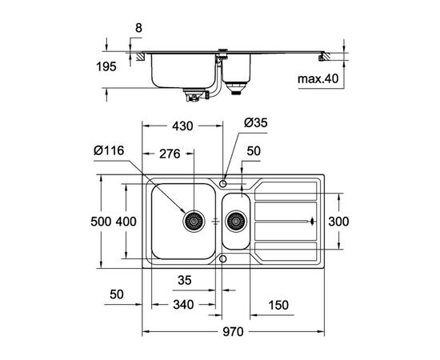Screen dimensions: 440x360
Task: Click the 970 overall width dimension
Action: click(x=233, y=332)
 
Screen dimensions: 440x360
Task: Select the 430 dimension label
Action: click(x=182, y=126)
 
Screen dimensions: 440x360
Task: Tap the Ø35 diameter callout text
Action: click(x=256, y=123)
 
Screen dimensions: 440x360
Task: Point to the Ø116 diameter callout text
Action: click(x=109, y=150)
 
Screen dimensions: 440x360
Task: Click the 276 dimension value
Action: click(x=170, y=154)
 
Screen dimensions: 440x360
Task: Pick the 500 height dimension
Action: click(x=101, y=222)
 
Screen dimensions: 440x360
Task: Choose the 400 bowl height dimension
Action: click(x=126, y=222)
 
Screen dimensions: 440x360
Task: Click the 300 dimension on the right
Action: click(x=338, y=222)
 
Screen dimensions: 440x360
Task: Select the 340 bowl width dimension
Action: click(x=183, y=305)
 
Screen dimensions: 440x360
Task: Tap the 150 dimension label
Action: click(x=278, y=305)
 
